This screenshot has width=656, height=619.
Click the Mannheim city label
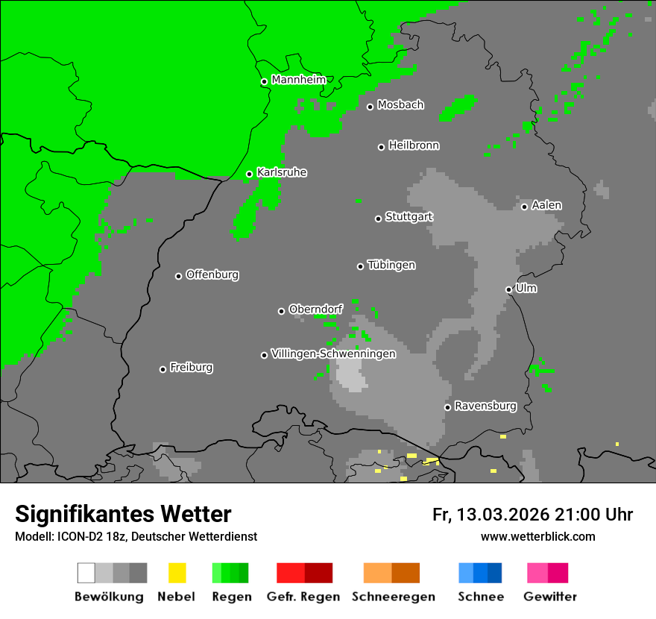(298, 80)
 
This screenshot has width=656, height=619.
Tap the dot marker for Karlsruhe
(250, 175)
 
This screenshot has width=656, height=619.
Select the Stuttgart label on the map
(409, 217)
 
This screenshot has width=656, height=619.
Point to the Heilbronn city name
(414, 145)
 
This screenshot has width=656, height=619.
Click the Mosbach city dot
(370, 107)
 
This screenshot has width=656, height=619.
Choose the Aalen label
(546, 205)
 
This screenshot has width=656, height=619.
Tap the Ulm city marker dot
(508, 289)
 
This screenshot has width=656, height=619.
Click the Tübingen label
(391, 265)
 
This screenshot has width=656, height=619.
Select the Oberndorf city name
(315, 309)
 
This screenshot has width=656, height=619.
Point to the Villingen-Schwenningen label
(333, 354)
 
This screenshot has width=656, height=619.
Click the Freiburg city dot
(163, 369)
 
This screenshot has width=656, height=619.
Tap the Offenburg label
(212, 274)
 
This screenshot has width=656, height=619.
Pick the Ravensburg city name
(485, 406)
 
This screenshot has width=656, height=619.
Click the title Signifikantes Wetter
(123, 514)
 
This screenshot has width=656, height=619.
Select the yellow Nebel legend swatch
(177, 573)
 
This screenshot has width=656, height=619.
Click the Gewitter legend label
(550, 597)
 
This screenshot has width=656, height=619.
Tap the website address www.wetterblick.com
(537, 536)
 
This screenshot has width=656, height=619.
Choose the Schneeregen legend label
(393, 597)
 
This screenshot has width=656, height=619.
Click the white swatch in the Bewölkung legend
(86, 573)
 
